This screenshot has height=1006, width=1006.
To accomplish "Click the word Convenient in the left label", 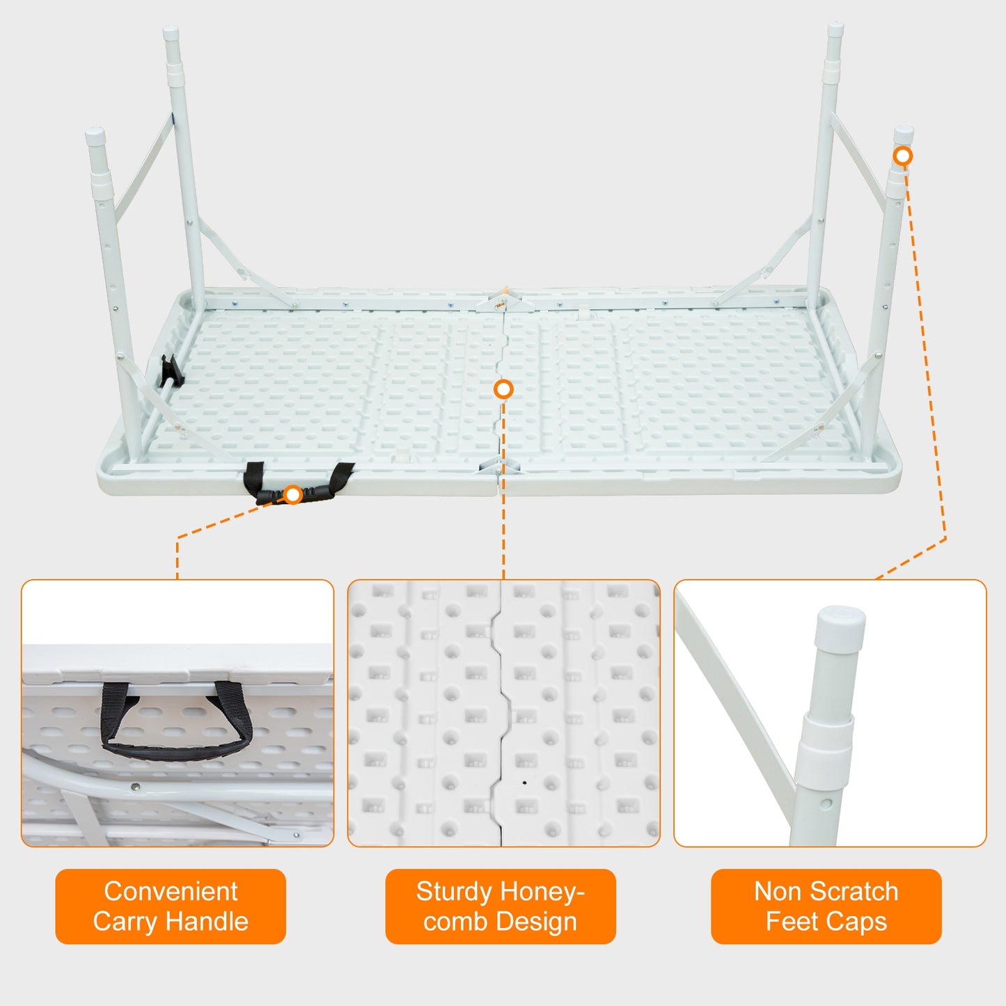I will (171, 891).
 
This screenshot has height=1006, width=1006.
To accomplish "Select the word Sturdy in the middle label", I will (453, 891).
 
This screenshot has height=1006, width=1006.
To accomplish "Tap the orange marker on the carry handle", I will (293, 495).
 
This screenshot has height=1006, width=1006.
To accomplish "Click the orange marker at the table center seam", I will (503, 389).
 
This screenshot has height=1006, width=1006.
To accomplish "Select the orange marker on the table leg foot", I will (903, 156).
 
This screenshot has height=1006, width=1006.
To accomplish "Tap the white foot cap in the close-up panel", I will (840, 624).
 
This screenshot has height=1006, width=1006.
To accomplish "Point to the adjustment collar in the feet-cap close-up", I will (826, 740).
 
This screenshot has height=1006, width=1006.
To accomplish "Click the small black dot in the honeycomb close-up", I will (524, 783).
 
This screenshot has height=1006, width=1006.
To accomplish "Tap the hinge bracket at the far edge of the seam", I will (503, 300).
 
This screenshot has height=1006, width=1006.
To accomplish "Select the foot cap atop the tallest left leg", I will (171, 33).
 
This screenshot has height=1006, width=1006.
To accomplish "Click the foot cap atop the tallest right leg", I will (835, 29).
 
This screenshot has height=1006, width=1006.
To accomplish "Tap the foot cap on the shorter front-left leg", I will (95, 134).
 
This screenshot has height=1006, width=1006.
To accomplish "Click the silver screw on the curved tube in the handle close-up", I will (136, 787).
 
